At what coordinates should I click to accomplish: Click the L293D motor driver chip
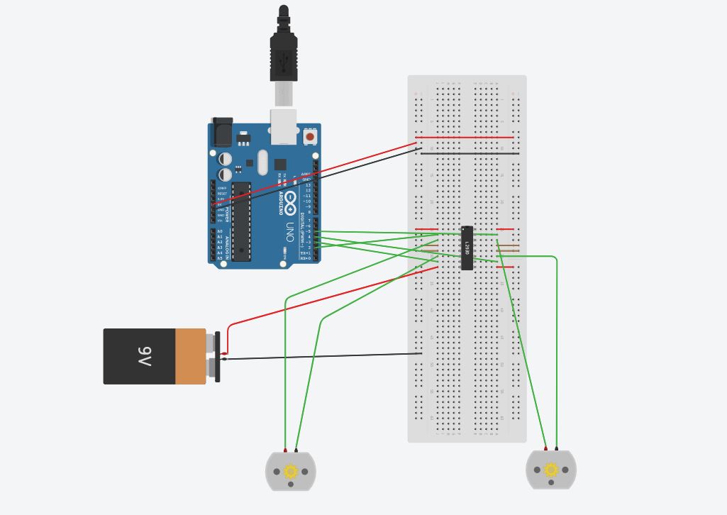[x=467, y=248]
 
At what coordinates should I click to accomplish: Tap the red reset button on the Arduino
[x=310, y=135]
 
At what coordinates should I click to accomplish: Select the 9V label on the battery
[x=145, y=357]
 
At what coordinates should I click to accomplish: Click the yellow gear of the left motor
[x=290, y=471]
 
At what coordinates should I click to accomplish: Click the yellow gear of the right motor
[x=551, y=470]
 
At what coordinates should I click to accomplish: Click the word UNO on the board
[x=290, y=232]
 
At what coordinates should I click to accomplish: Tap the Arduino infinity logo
[x=291, y=201]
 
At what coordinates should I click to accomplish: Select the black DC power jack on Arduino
[x=222, y=131]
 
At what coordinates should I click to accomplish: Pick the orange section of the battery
[x=190, y=357]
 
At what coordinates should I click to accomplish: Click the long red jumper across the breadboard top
[x=465, y=137]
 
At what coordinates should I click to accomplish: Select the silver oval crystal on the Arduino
[x=262, y=162]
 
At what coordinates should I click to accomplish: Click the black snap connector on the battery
[x=217, y=357]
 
